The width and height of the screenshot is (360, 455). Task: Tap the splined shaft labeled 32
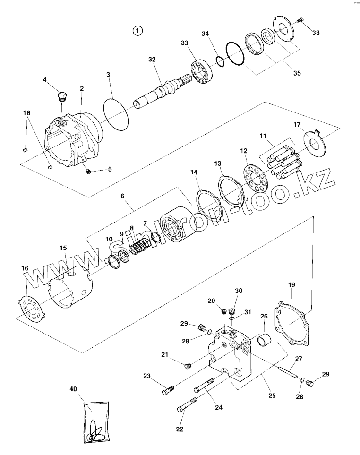coord(161,91)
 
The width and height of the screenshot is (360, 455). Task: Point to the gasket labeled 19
coord(291,322)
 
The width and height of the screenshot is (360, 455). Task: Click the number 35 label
coord(297,73)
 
